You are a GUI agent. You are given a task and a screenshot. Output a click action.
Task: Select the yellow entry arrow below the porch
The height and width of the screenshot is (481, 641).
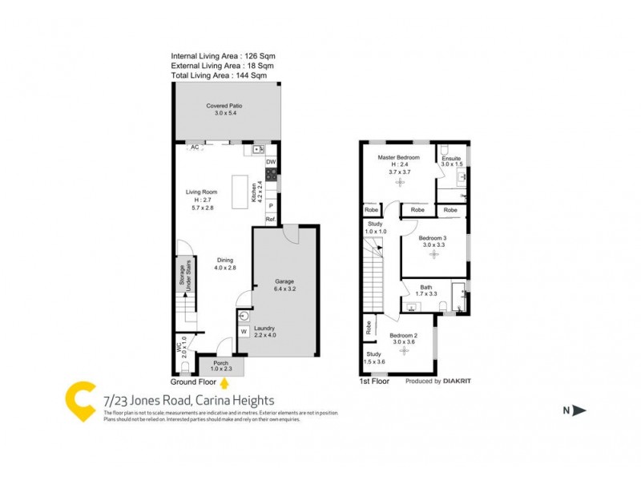pyautogui.click(x=224, y=383)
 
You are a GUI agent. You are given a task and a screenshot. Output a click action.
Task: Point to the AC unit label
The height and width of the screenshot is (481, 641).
pyautogui.click(x=195, y=148)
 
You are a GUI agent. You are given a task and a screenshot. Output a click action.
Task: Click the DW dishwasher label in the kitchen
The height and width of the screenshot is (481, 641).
pyautogui.click(x=271, y=163)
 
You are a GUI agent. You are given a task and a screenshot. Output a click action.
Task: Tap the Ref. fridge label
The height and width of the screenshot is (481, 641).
pyautogui.click(x=271, y=220)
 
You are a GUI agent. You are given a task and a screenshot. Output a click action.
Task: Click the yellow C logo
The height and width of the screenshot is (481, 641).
pyautogui.click(x=79, y=400)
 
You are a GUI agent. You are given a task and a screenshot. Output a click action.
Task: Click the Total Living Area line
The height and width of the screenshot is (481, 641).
pyautogui.click(x=219, y=75)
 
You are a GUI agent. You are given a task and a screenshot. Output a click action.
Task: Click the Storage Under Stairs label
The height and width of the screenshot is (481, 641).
pyautogui.click(x=182, y=276)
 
